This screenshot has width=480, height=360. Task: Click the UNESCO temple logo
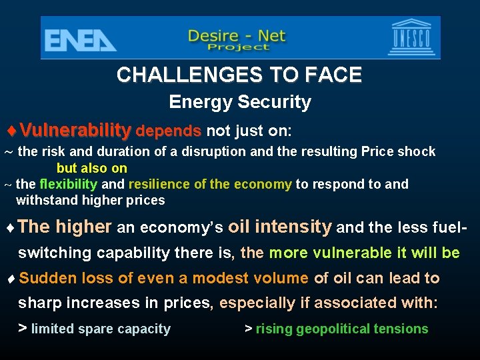pos(413,37)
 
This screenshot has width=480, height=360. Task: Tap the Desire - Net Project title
pos(237,39)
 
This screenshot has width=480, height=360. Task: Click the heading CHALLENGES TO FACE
pos(239,75)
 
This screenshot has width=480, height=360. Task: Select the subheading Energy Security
pos(240,102)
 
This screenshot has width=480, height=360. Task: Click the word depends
pos(169,129)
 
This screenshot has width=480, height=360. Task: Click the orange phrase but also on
pos(92,169)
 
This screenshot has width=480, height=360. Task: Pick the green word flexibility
pos(68,184)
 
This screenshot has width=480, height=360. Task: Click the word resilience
pos(159,184)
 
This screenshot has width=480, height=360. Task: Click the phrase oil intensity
pos(279,227)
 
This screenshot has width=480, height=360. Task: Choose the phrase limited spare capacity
pos(101,329)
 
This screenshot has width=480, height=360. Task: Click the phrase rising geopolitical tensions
pos(342,329)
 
